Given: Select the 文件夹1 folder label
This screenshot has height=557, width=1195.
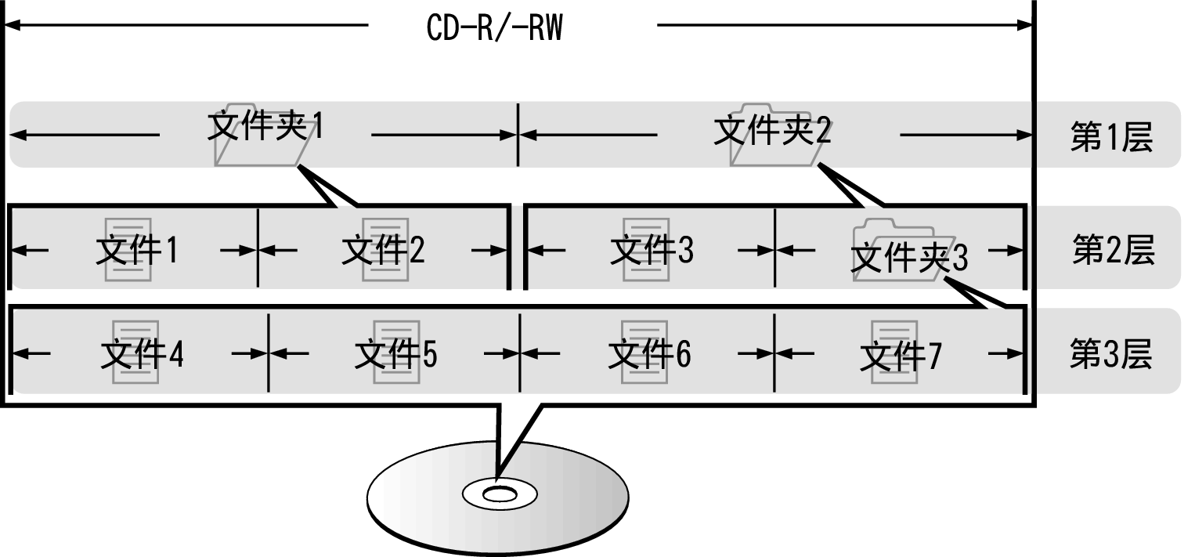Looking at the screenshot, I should tap(265, 127).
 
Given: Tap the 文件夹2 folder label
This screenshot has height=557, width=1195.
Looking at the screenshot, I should tap(772, 131).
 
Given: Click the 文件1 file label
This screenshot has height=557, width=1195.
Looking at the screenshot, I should tap(137, 250).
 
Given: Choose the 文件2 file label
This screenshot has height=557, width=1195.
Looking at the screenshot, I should tap(384, 250).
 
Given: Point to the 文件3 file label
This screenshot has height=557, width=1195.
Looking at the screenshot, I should tap(652, 250).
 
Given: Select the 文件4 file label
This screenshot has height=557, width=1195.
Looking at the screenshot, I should tap(142, 355).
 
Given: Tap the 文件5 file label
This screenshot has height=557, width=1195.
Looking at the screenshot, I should tap(395, 355).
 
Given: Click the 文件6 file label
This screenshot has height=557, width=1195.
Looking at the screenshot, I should tap(649, 355).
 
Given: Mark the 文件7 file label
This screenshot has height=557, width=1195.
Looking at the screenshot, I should tap(901, 356).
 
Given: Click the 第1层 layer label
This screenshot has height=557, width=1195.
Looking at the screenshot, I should tap(1111, 138).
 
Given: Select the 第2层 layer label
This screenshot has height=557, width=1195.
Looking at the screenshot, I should tap(1113, 250).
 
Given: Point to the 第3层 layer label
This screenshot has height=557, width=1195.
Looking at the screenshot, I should tap(1111, 355).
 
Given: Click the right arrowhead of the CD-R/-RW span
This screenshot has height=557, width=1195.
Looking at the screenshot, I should tap(1026, 25).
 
